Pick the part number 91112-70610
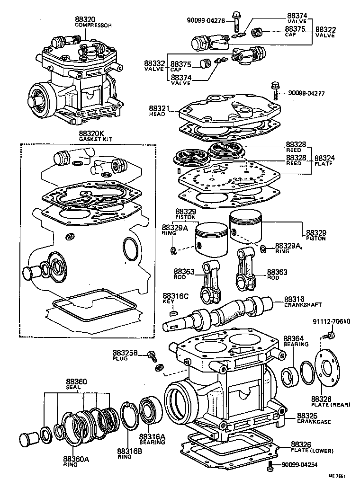pyautogui.click(x=331, y=322)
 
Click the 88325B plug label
pyautogui.click(x=125, y=355)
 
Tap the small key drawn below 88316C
pyautogui.click(x=174, y=312)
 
